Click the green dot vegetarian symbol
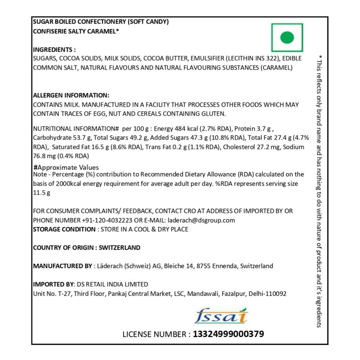pyautogui.click(x=287, y=37)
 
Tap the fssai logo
pyautogui.click(x=221, y=316)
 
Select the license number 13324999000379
pyautogui.click(x=228, y=334)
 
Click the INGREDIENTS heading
pyautogui.click(x=54, y=50)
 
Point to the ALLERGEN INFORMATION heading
pyautogui.click(x=71, y=96)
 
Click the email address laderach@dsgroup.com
pyautogui.click(x=201, y=220)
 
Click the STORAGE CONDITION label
pyautogui.click(x=64, y=229)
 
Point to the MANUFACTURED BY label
pyautogui.click(x=62, y=266)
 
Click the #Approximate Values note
pyautogui.click(x=66, y=167)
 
